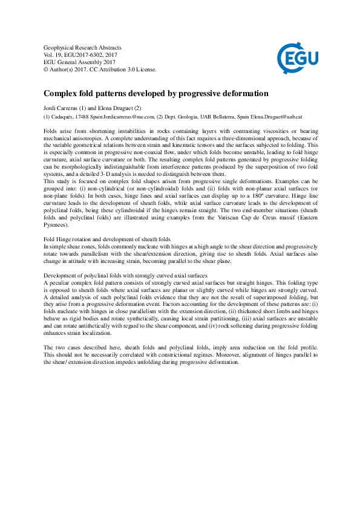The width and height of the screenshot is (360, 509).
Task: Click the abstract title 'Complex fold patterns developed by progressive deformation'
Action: pos(156,94)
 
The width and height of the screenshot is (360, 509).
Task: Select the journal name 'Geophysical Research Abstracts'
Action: pos(83,47)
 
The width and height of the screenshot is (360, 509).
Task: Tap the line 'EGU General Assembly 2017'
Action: pos(79,62)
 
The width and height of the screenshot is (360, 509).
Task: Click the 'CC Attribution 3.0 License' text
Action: pos(124,70)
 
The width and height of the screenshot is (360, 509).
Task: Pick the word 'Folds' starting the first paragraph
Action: pos(53,131)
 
